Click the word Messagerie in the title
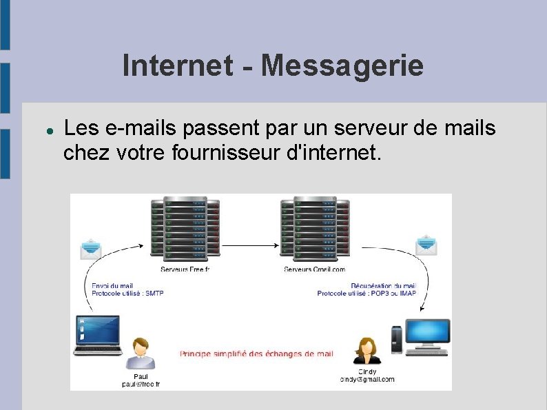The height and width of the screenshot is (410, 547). point(342,66)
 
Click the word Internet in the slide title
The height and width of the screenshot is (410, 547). point(178,66)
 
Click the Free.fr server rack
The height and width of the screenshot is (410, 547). point(185,227)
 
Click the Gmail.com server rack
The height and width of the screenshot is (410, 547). point(315,227)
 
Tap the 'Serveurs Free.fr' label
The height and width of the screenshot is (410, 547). point(185,269)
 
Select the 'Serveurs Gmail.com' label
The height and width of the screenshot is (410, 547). point(315,269)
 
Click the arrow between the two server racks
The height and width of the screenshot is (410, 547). point(250,245)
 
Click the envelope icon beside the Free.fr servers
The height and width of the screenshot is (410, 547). point(92,249)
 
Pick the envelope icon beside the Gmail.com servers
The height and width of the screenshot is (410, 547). point(426,245)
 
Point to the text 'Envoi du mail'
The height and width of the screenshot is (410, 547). point(112,286)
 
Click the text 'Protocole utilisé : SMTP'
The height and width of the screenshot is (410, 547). point(127,294)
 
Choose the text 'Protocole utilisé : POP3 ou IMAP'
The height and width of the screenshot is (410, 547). point(367,294)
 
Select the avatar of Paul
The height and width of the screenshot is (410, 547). point(141,353)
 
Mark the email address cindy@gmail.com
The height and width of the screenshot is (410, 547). point(367,380)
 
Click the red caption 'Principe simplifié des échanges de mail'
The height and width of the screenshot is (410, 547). point(256,354)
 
